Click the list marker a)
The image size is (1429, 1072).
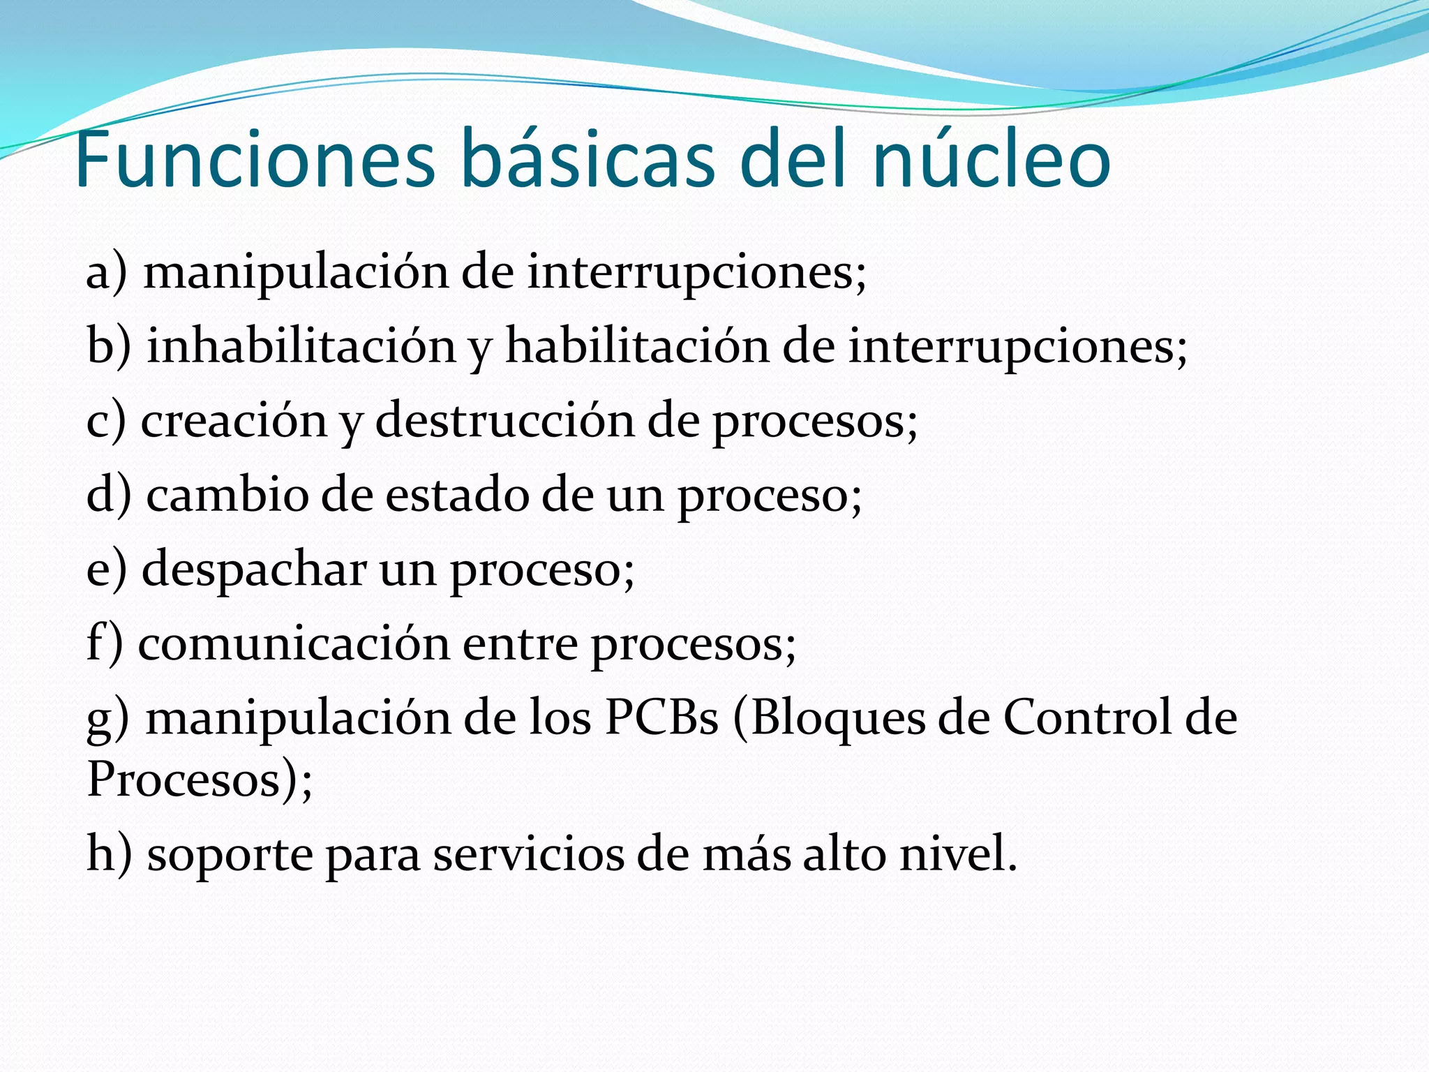107,272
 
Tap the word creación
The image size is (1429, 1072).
234,421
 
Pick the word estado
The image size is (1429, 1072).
457,496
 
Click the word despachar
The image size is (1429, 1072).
254,569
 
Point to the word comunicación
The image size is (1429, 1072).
294,643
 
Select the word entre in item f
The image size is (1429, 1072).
520,643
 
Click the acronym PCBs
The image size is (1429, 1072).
661,718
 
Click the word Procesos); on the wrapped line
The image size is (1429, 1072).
200,780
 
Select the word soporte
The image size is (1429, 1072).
230,855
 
